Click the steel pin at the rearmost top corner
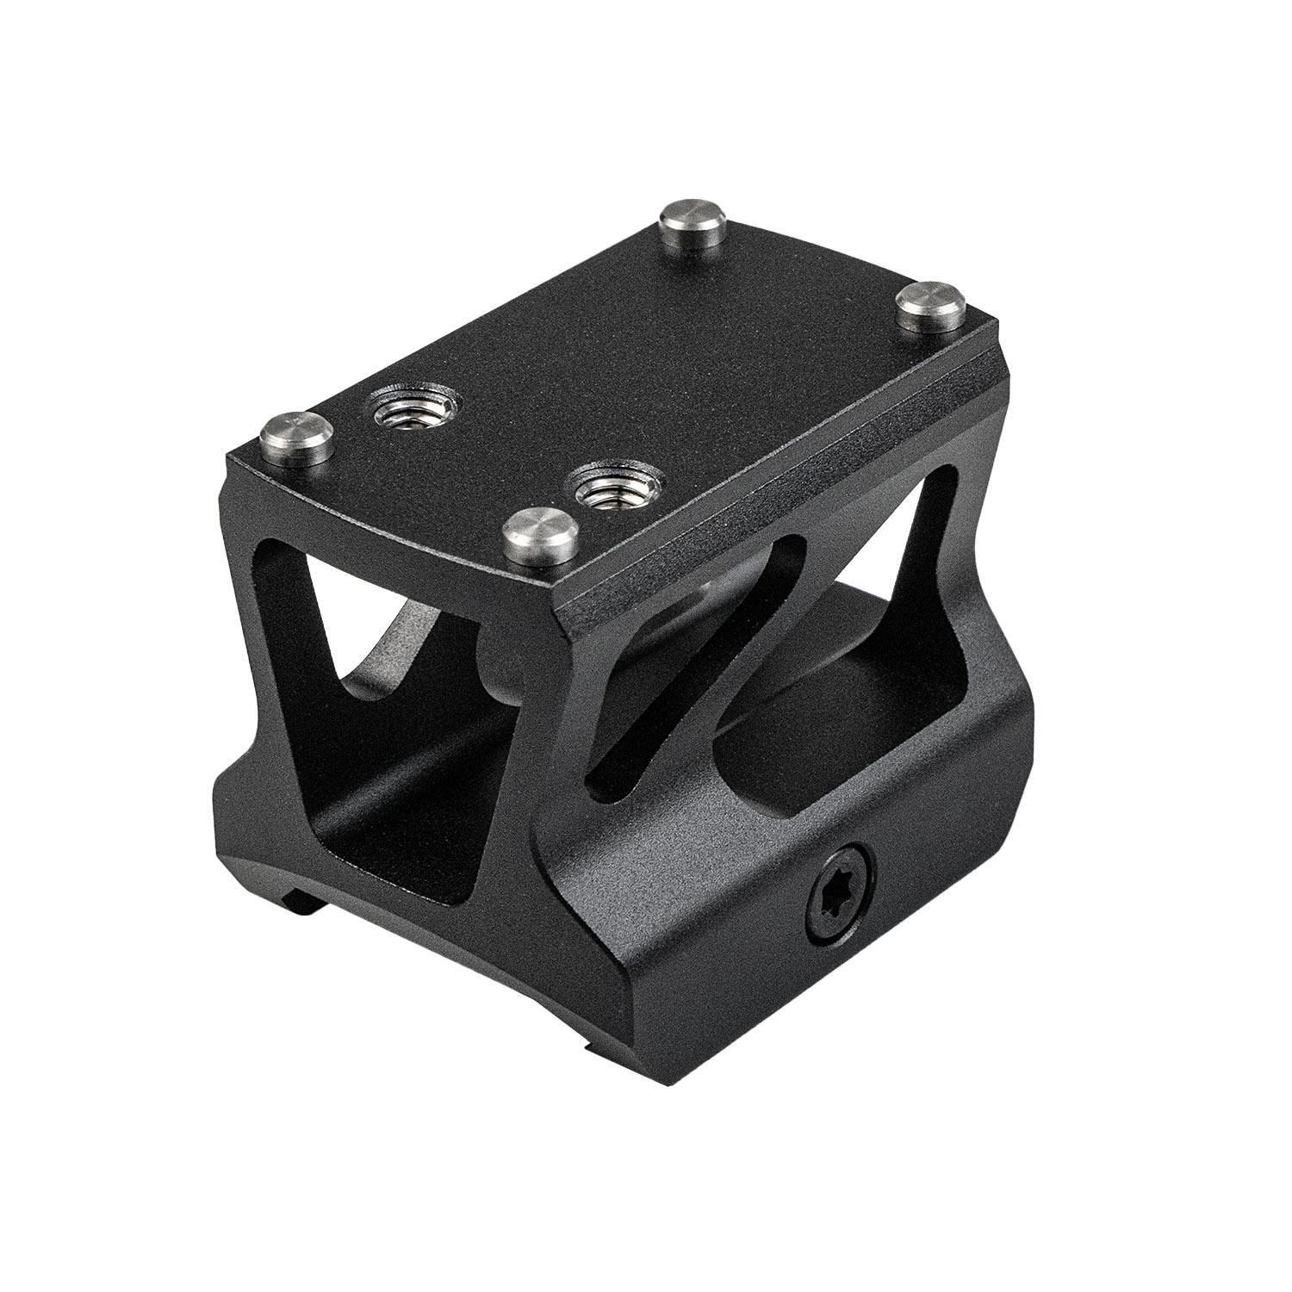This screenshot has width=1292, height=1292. pyautogui.click(x=690, y=228)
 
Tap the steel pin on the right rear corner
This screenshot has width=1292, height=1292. pyautogui.click(x=929, y=306)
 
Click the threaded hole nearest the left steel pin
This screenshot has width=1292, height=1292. pyautogui.click(x=412, y=410)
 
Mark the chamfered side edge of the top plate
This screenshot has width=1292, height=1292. pyautogui.click(x=775, y=517)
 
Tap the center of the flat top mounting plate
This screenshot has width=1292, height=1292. pyautogui.click(x=620, y=362)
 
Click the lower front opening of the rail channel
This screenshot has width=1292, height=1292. pyautogui.click(x=388, y=810)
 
